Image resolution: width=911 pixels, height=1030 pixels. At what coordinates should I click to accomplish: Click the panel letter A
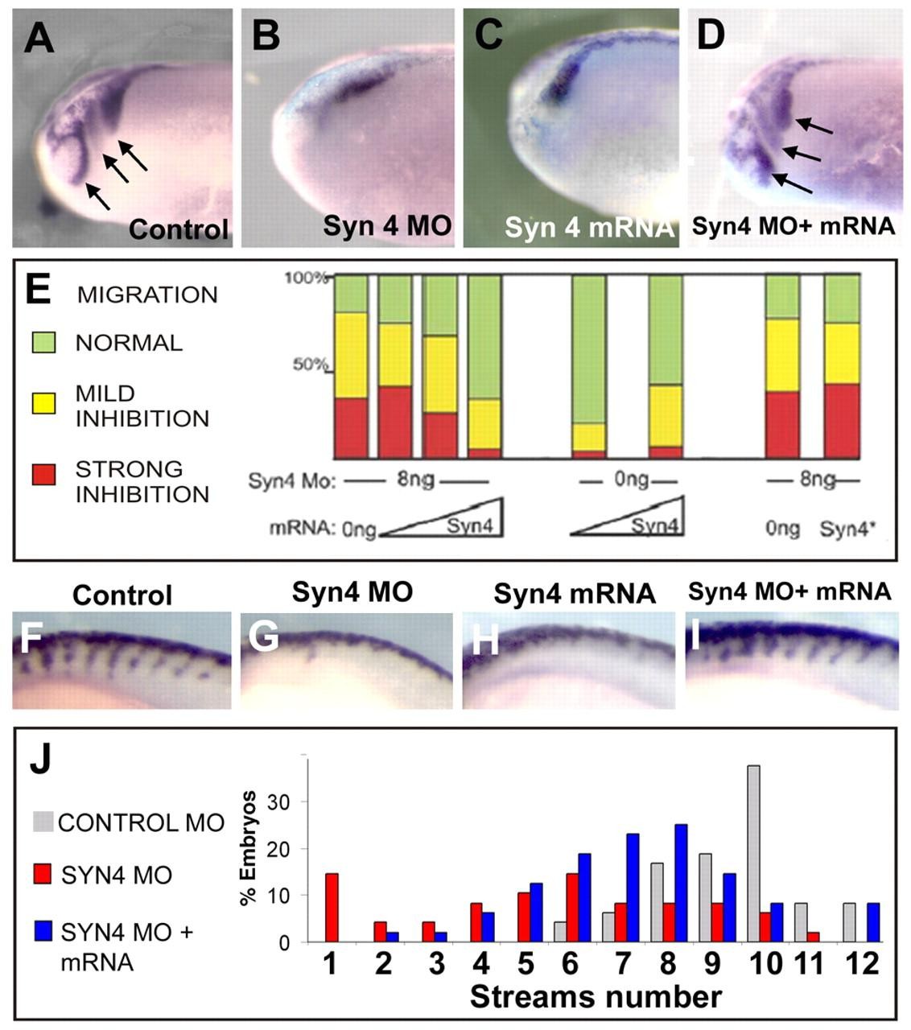pyautogui.click(x=39, y=38)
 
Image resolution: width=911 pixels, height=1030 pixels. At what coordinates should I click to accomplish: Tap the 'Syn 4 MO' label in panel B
pyautogui.click(x=386, y=225)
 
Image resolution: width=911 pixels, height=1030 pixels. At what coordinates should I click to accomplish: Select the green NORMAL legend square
pyautogui.click(x=43, y=343)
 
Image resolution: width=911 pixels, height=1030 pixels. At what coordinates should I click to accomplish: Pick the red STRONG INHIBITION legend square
pyautogui.click(x=43, y=474)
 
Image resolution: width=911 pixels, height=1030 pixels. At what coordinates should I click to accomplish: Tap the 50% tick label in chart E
pyautogui.click(x=309, y=365)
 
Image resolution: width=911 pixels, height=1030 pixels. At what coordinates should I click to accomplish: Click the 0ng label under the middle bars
pyautogui.click(x=631, y=480)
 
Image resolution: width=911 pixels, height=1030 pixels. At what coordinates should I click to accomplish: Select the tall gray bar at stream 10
pyautogui.click(x=753, y=853)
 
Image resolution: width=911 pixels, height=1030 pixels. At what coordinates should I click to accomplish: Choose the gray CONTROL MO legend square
pyautogui.click(x=43, y=822)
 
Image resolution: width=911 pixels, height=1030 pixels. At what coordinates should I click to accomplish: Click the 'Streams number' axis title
pyautogui.click(x=596, y=998)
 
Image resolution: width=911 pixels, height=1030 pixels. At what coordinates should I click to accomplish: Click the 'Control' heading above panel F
pyautogui.click(x=122, y=595)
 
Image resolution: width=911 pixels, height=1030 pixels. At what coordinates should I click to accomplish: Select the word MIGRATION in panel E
pyautogui.click(x=146, y=295)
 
